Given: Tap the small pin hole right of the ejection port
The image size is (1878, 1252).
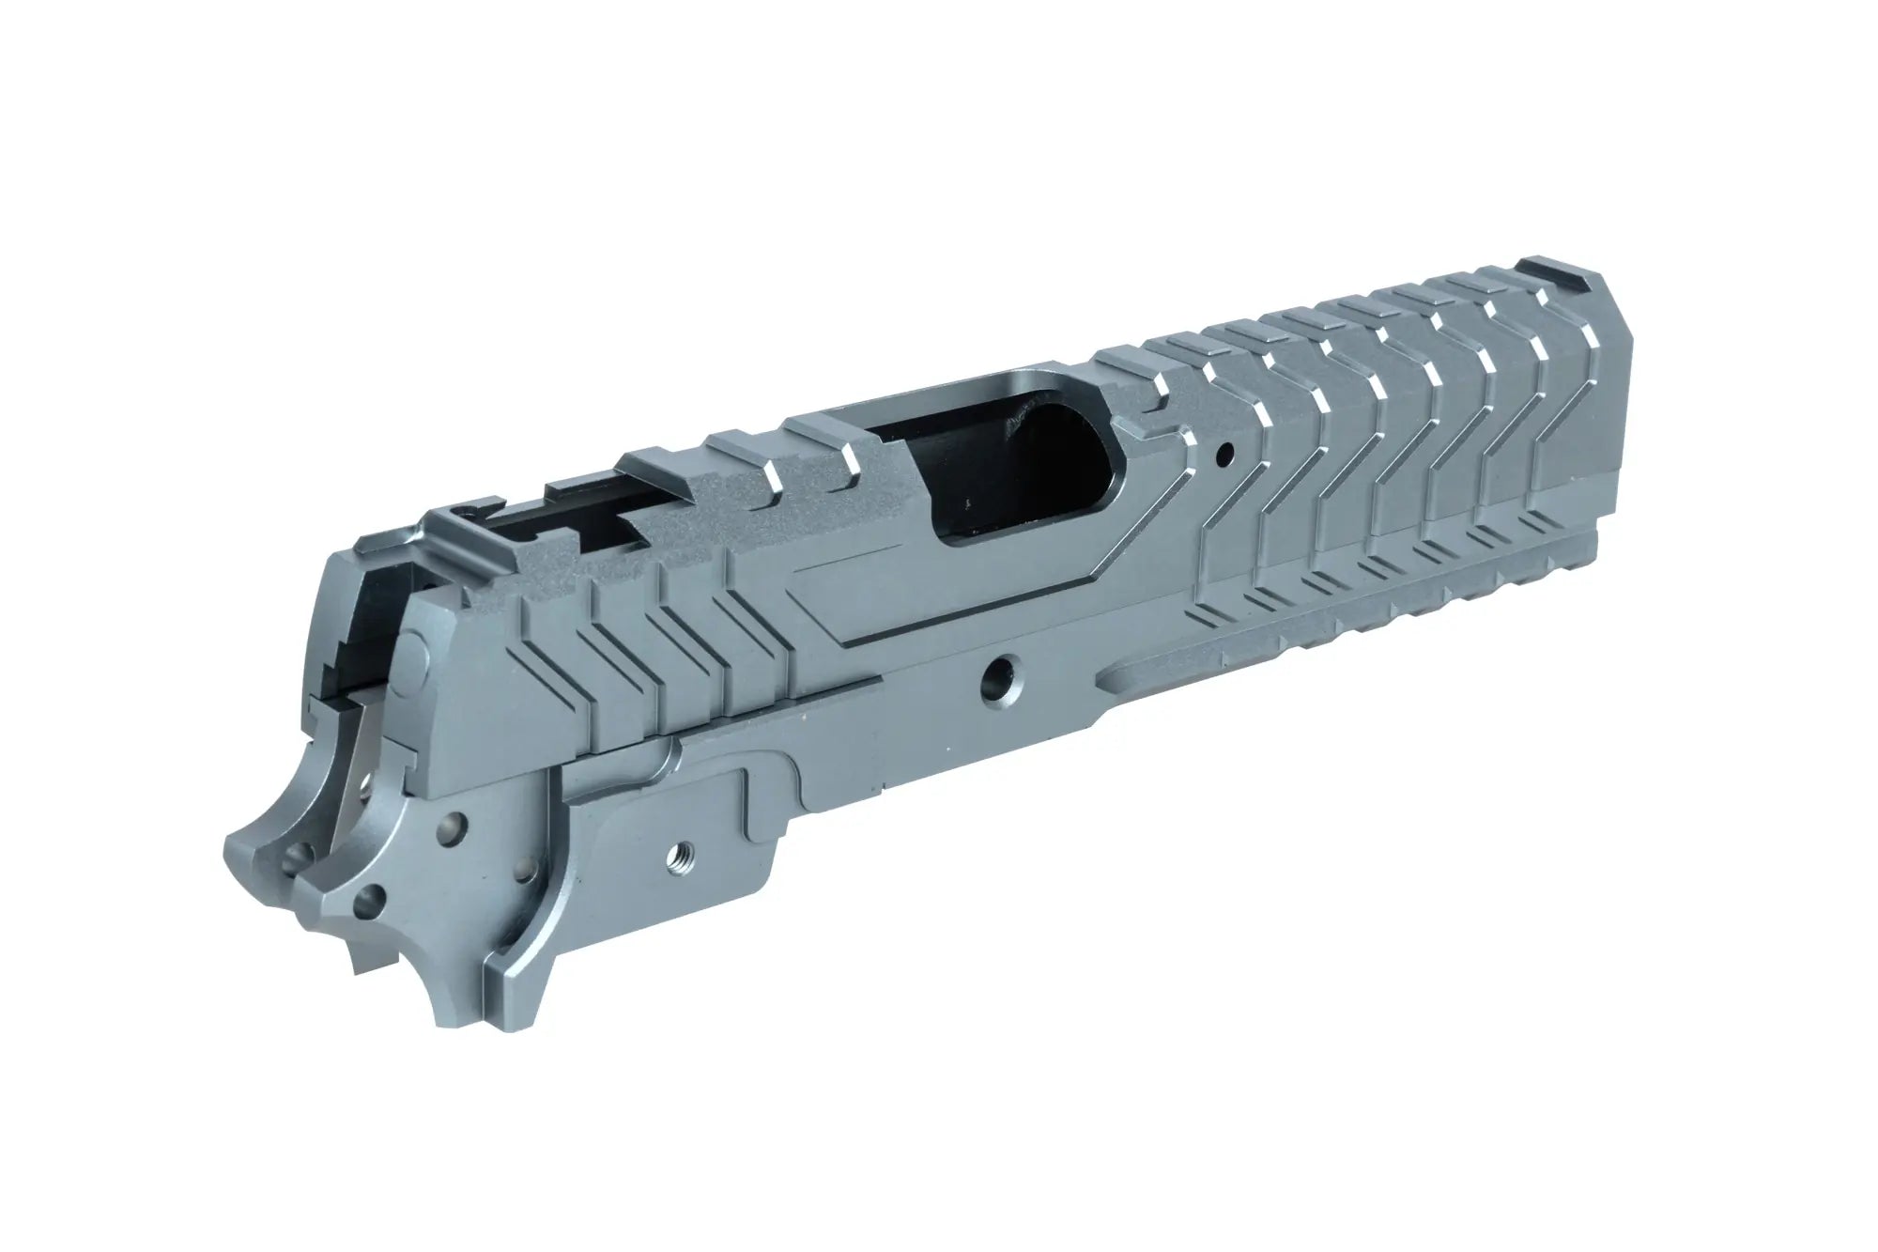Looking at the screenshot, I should (1223, 457).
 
